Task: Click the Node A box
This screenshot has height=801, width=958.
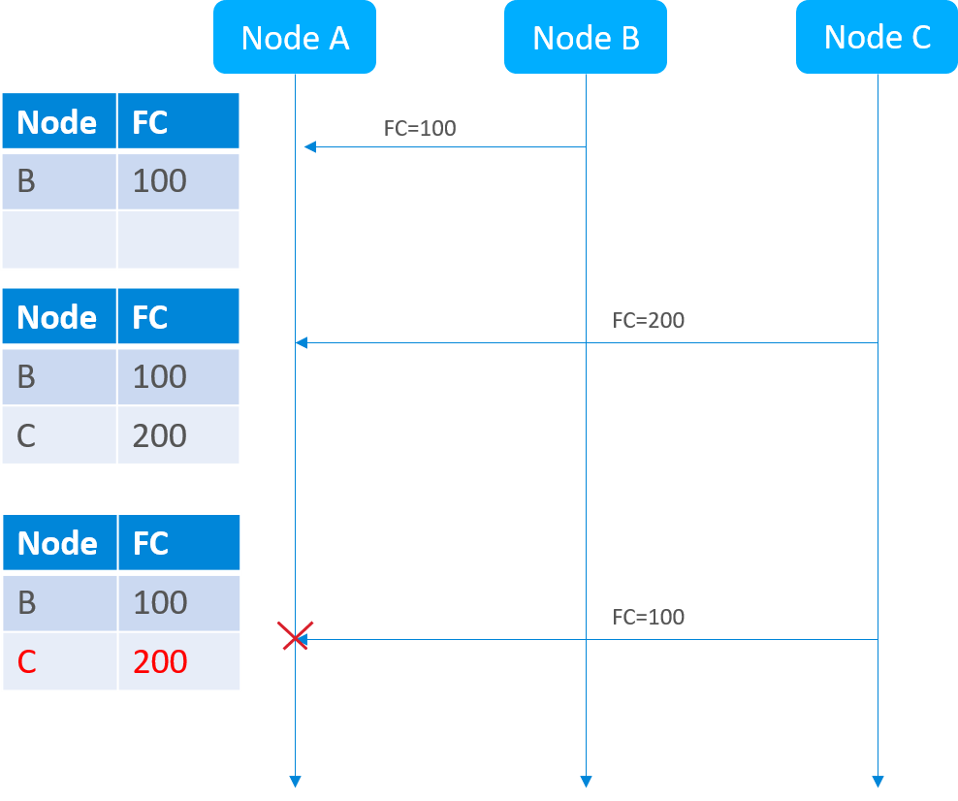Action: coord(295,37)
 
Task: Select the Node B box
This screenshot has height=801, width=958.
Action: coord(586,37)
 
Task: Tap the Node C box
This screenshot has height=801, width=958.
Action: coord(877,37)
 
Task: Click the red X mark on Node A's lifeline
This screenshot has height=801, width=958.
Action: coord(295,635)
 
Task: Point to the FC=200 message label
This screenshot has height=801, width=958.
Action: coord(649,320)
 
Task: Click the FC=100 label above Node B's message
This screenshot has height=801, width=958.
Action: coord(420,128)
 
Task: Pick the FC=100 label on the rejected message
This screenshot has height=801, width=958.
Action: coord(649,617)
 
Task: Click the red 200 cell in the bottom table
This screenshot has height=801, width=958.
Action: coord(179,661)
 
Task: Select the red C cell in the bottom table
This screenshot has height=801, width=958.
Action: coord(60,661)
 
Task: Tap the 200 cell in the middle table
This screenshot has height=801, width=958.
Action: coord(178,435)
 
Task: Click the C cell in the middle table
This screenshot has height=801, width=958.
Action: coord(59,435)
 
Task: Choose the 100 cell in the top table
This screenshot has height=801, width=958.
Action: coord(178,181)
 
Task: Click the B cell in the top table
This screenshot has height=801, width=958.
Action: coord(59,181)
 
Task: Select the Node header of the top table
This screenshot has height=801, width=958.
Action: coord(59,121)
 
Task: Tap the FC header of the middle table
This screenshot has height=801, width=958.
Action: coord(178,316)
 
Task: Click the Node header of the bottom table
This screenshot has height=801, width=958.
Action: coord(60,542)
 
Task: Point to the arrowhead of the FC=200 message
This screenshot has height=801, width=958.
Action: coord(302,342)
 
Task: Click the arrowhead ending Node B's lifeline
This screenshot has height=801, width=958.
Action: coord(586,782)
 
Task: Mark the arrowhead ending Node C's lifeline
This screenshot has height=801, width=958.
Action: coord(878,782)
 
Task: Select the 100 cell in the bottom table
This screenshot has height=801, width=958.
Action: coord(179,603)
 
